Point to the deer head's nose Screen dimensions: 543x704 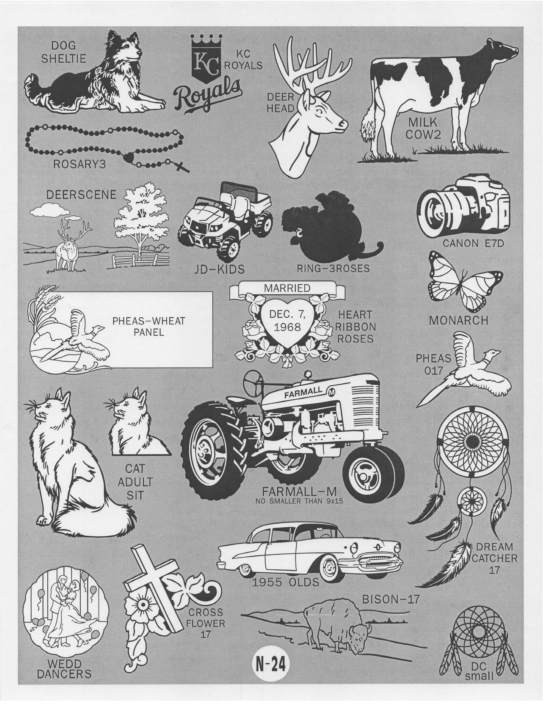[x=344, y=124]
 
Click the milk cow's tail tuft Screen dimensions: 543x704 [x=368, y=131]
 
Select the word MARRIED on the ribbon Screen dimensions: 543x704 [x=287, y=288]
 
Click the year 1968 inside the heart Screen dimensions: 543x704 [x=287, y=327]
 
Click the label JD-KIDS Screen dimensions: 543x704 [x=219, y=269]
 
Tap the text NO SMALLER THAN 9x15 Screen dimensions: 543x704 [x=299, y=510]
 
